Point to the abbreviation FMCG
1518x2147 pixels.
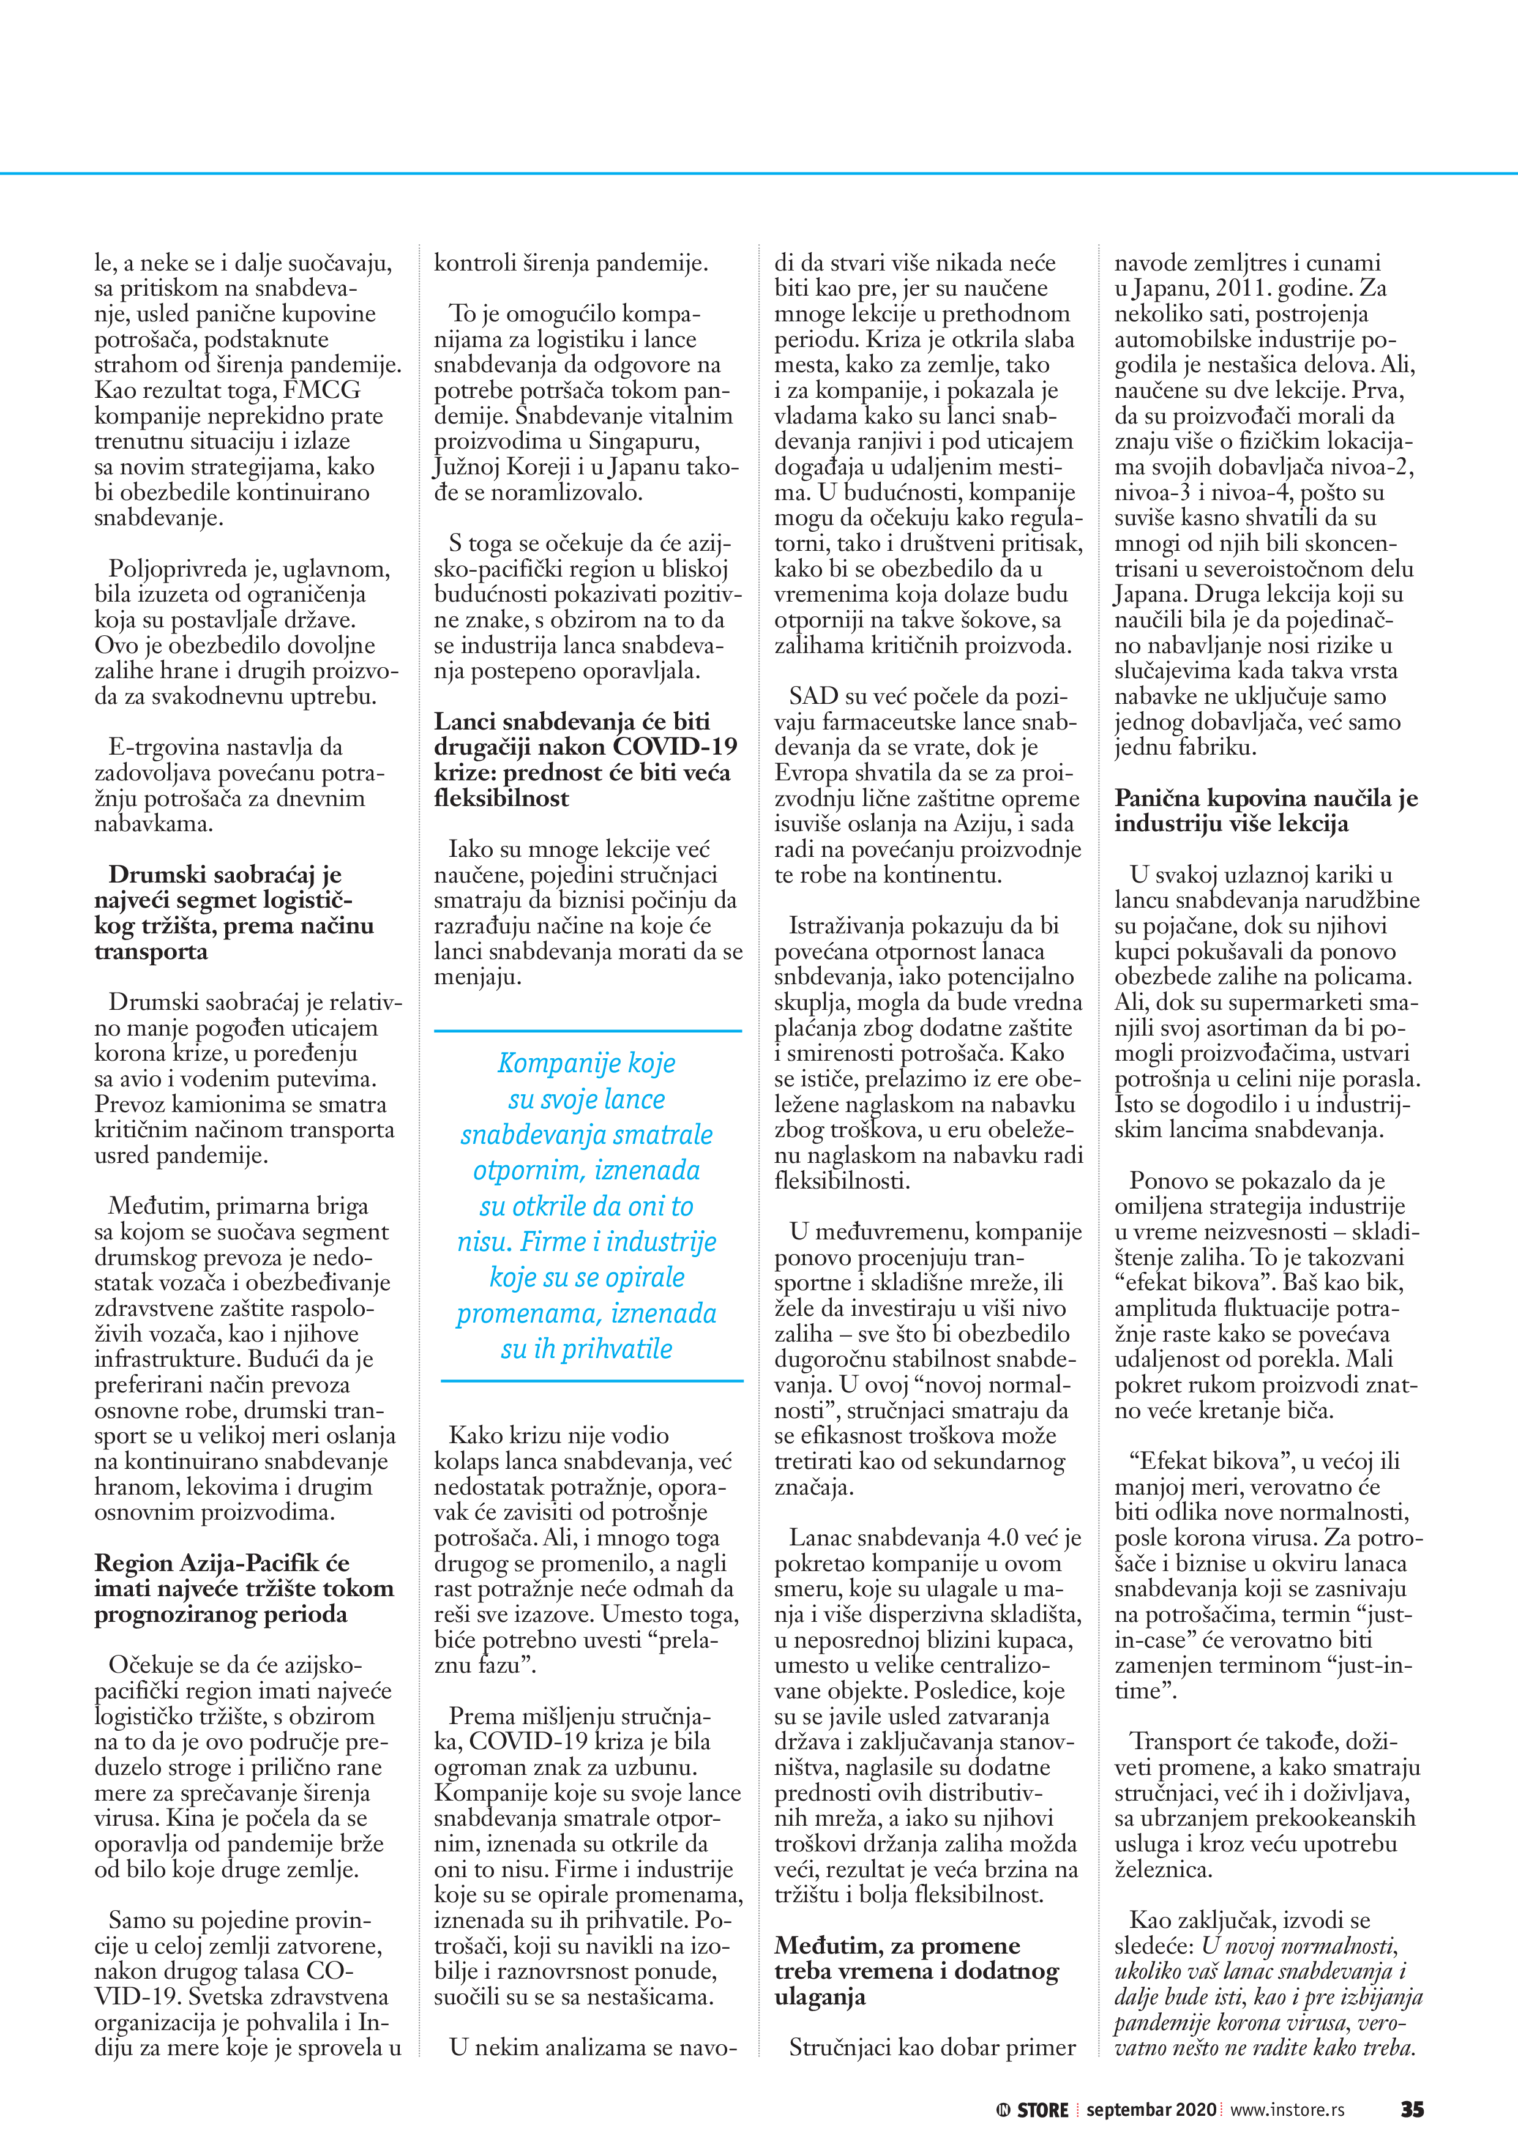323,390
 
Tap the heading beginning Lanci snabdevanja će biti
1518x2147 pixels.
585,760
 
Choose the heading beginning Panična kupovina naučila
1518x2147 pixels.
1265,811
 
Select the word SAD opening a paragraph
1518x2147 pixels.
813,696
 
